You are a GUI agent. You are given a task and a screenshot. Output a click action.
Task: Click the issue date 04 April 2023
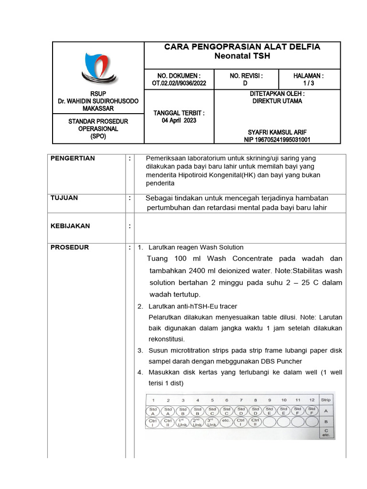(179, 120)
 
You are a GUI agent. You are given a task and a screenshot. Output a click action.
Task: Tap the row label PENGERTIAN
(73, 159)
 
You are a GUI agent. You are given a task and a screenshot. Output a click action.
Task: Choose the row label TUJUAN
(64, 198)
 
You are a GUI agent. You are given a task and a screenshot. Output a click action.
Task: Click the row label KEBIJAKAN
(70, 226)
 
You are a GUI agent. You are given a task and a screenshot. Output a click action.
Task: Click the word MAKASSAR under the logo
(97, 109)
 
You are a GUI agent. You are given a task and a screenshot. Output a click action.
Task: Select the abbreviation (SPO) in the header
(97, 136)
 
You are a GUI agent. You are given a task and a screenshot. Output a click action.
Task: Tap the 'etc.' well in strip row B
(227, 422)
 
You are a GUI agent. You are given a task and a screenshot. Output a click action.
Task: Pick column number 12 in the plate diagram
(312, 400)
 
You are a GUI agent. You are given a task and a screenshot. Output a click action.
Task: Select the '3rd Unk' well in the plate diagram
(212, 423)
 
